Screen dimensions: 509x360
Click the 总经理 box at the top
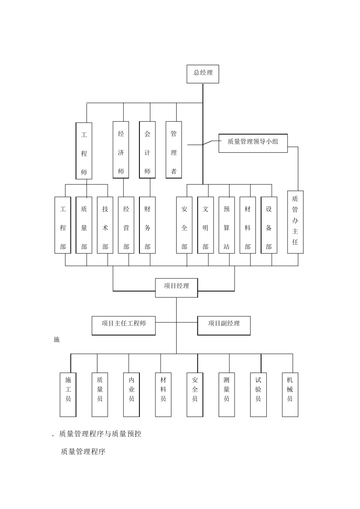tap(203, 73)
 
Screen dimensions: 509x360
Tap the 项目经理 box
tap(176, 287)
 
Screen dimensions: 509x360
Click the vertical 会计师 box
tap(147, 150)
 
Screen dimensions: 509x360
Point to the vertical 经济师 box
tap(121, 150)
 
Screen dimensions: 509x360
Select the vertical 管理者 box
tap(174, 150)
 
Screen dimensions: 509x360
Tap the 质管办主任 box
tap(295, 222)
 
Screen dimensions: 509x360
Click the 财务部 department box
tap(147, 225)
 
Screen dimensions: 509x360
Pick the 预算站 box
tap(227, 225)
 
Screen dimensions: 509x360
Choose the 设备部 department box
tap(269, 225)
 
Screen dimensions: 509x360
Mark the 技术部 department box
tap(105, 225)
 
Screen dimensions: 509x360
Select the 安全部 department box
tap(184, 225)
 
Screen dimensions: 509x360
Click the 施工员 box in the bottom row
tap(68, 394)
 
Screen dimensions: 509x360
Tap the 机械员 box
tap(290, 394)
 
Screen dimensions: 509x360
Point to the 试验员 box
tap(258, 394)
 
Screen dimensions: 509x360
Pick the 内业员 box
tap(131, 394)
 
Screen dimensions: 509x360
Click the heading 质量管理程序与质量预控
tap(100, 434)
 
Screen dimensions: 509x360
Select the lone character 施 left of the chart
tap(56, 340)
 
